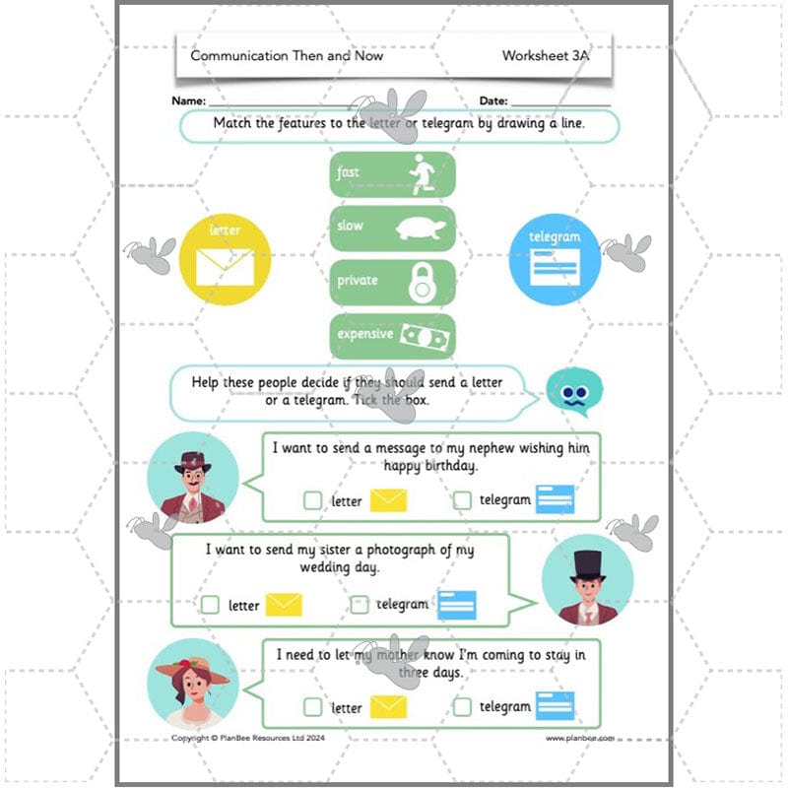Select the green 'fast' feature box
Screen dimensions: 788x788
[391, 174]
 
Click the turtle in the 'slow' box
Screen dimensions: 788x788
[422, 229]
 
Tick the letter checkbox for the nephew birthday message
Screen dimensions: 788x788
[312, 500]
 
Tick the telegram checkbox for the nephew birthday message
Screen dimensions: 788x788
[463, 500]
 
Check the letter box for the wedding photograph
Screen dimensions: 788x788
[210, 605]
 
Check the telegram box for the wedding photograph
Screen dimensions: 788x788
[360, 605]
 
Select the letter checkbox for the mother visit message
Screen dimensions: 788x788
[312, 706]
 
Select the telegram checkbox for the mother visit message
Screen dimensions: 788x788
[463, 706]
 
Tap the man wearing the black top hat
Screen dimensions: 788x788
[587, 581]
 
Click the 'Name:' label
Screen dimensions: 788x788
[188, 101]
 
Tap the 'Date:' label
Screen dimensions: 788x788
[493, 101]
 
